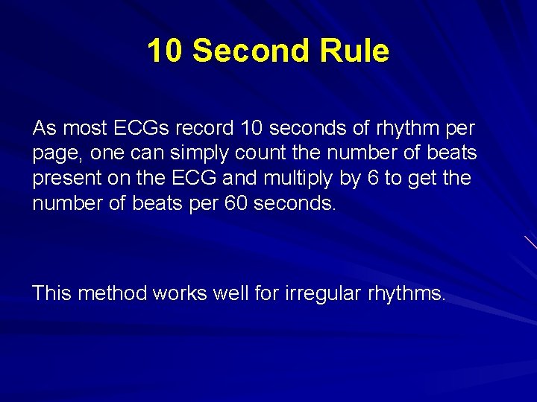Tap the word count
pyautogui.click(x=252, y=154)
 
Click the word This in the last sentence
pyautogui.click(x=51, y=293)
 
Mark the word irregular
pyautogui.click(x=324, y=293)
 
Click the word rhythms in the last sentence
pyautogui.click(x=406, y=293)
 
